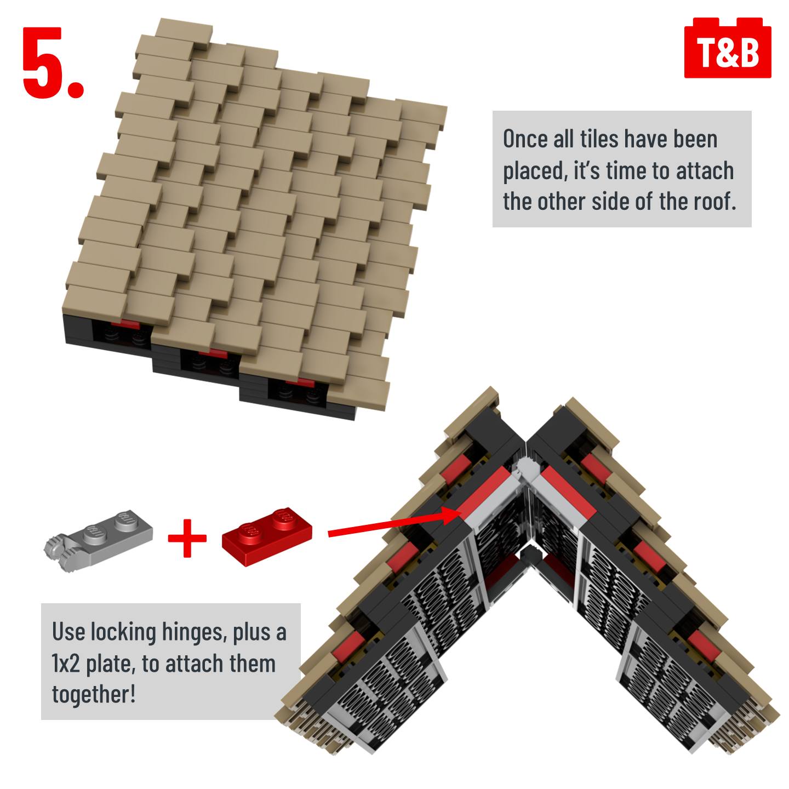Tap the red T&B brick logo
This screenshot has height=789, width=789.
727,48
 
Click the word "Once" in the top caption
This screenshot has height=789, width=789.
525,139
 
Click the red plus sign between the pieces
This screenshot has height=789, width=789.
187,538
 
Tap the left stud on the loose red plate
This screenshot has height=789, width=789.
249,530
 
